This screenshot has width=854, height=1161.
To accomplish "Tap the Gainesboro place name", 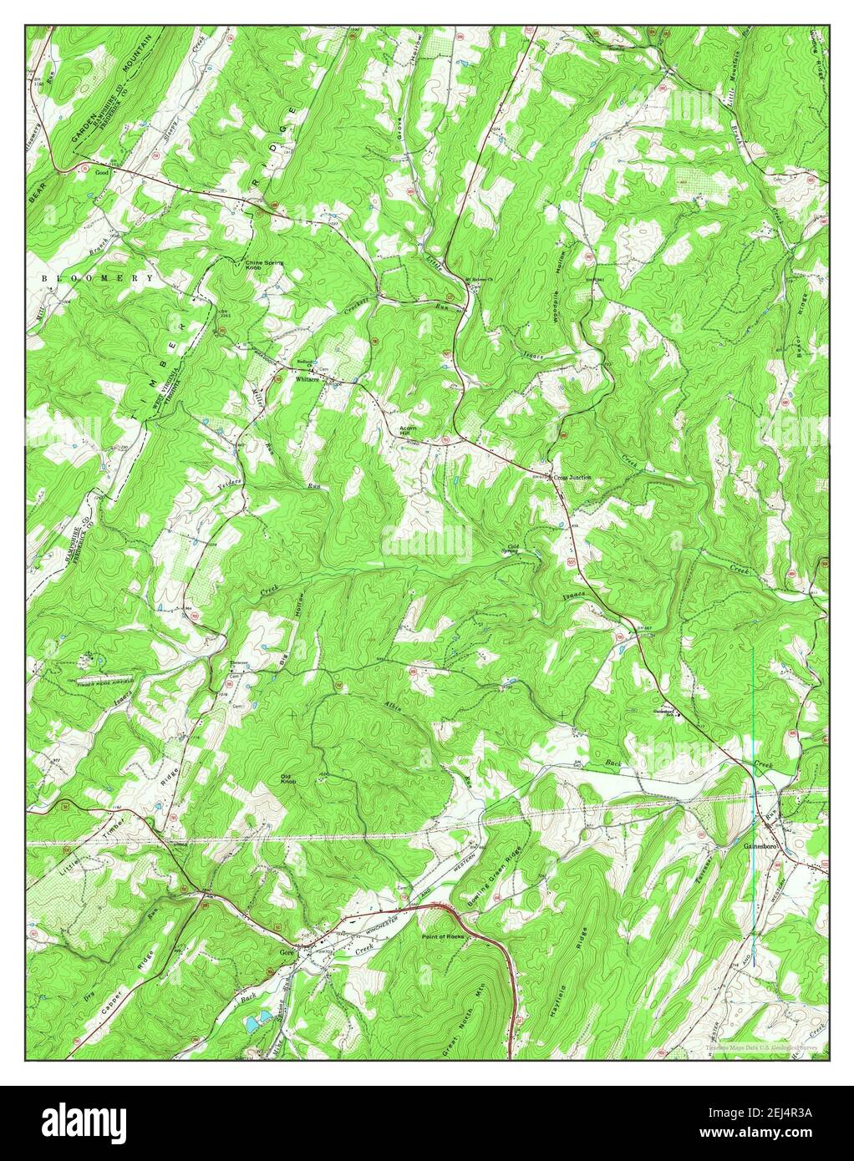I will pos(761,844).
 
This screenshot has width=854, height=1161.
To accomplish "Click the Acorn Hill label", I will pos(409,431).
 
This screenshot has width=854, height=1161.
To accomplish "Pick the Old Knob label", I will pos(292,782).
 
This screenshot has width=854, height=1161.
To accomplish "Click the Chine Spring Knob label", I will pos(264,267).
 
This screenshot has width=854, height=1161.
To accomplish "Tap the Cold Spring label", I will pos(511,548).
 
